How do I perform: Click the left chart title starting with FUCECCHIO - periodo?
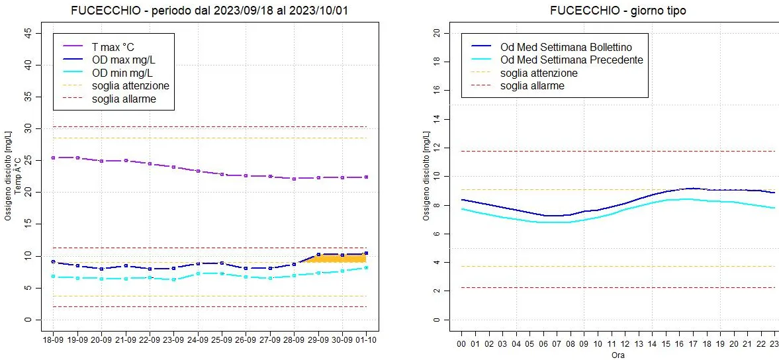coord(209,11)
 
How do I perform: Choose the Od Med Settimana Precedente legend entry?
coord(572,60)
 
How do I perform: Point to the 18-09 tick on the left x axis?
coord(54,339)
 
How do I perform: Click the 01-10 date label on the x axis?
coord(366,339)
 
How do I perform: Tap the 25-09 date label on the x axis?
coord(222,339)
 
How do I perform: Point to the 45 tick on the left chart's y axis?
coord(28,33)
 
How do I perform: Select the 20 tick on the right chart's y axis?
coord(436,33)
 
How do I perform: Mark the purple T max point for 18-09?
coord(54,157)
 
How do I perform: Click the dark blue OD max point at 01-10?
coord(366,253)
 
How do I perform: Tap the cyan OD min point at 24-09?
coord(198,273)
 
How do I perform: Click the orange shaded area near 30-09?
coord(342,259)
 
